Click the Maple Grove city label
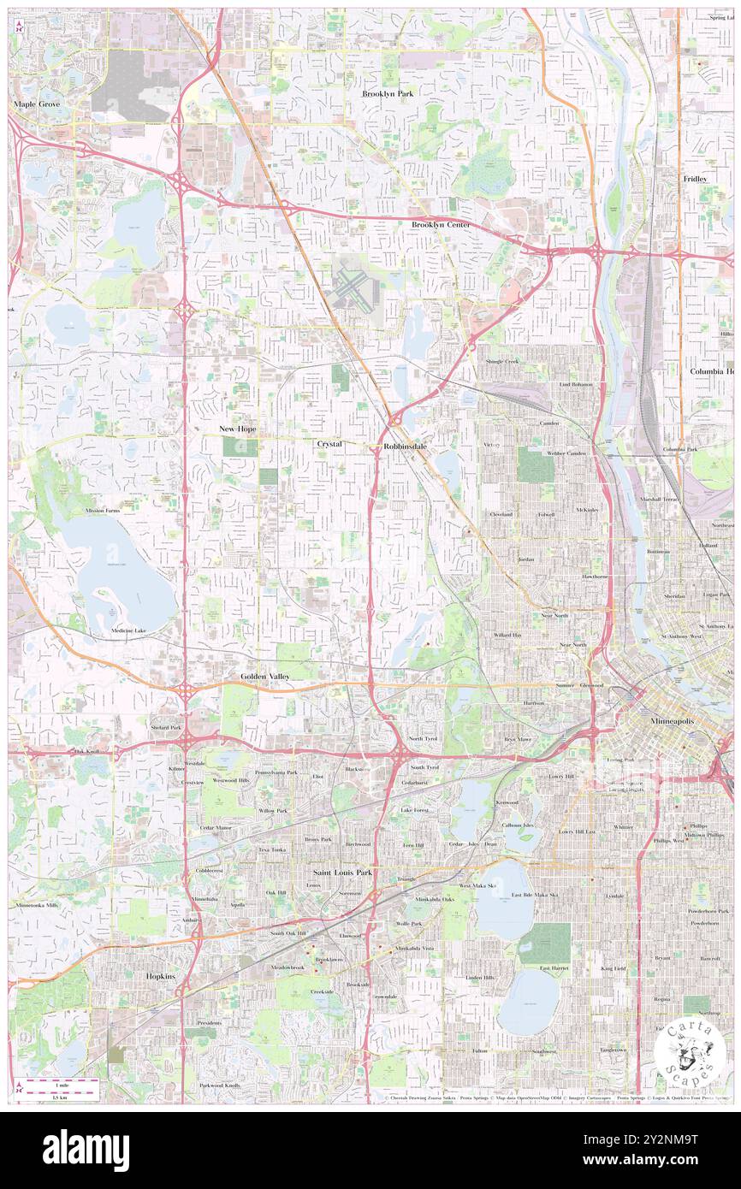[36, 104]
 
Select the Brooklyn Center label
[441, 224]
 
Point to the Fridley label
[695, 178]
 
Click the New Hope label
[237, 428]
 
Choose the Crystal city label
[329, 444]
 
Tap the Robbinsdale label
[406, 447]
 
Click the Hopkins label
[159, 975]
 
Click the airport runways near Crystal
[353, 288]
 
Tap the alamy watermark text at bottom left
[86, 1150]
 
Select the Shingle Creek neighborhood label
[502, 362]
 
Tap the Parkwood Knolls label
[219, 1085]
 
